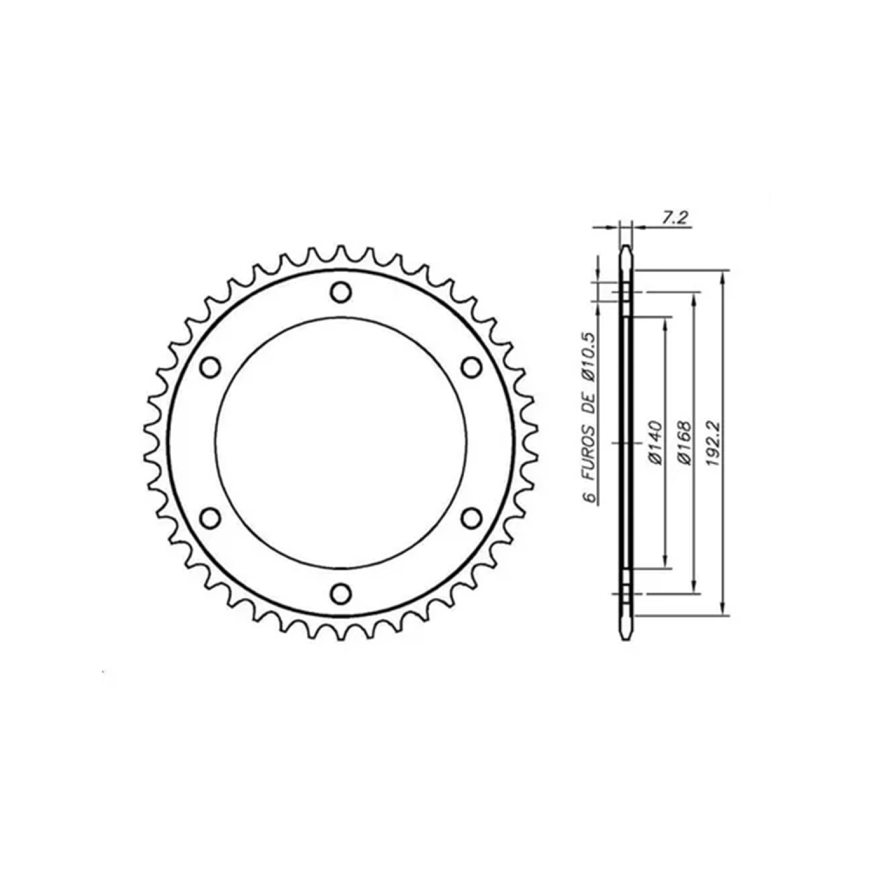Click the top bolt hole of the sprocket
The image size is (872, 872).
point(341,292)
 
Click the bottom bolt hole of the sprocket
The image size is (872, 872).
point(341,594)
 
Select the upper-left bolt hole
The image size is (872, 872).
point(210,367)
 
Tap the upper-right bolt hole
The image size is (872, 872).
point(471,367)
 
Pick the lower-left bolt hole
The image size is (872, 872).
point(210,518)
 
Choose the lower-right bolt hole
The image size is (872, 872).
point(471,518)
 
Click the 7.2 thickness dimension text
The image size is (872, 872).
point(674,217)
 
